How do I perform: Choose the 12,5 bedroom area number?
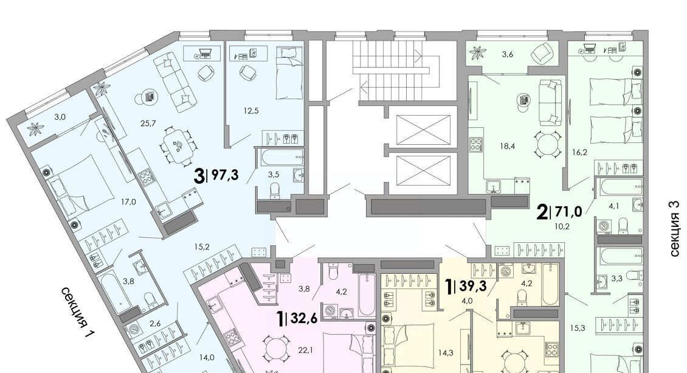pos(251,111)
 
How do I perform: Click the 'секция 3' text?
pos(675,234)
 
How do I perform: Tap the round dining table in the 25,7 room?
pos(178,144)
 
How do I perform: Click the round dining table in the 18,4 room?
pos(548,144)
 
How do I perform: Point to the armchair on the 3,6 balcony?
pos(543,53)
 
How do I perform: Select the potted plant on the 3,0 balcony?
pos(33,129)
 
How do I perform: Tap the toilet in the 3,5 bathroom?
pos(275,190)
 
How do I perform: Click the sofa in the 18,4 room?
pos(550,102)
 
